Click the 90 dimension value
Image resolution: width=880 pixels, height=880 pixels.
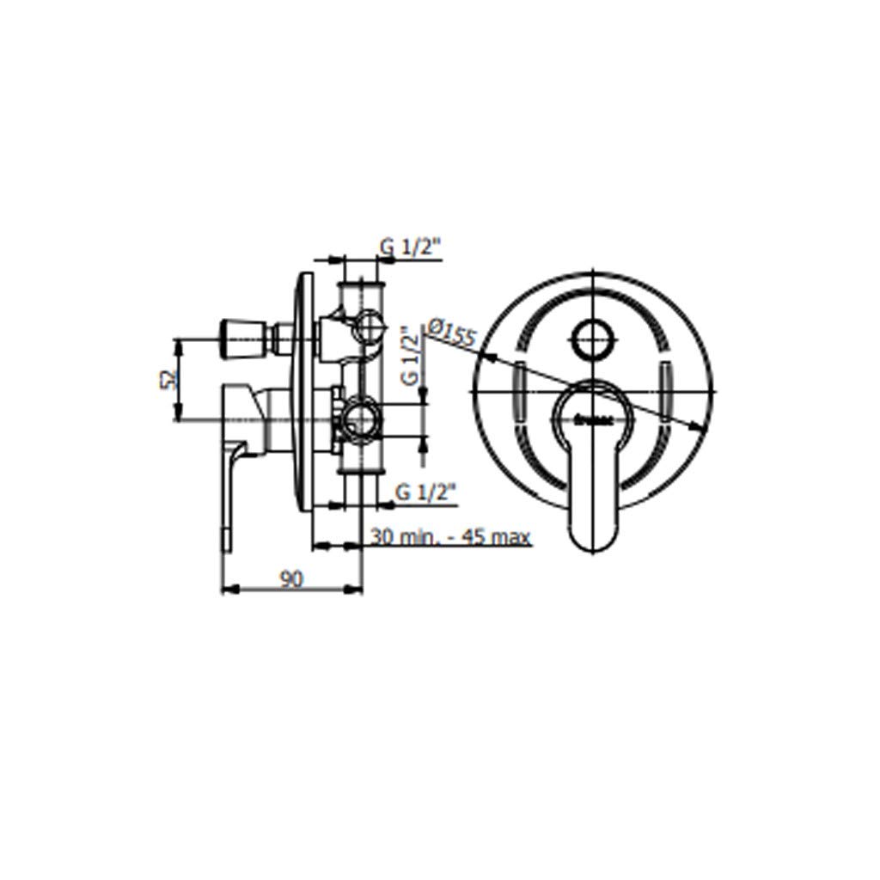point(292,579)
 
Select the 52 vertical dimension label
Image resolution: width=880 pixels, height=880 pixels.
point(168,380)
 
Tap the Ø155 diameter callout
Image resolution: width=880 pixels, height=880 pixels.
point(450,333)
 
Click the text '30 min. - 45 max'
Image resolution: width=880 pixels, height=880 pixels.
point(449,537)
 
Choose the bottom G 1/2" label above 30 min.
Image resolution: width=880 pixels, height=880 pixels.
point(425,492)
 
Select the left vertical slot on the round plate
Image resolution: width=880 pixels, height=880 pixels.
point(522,390)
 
